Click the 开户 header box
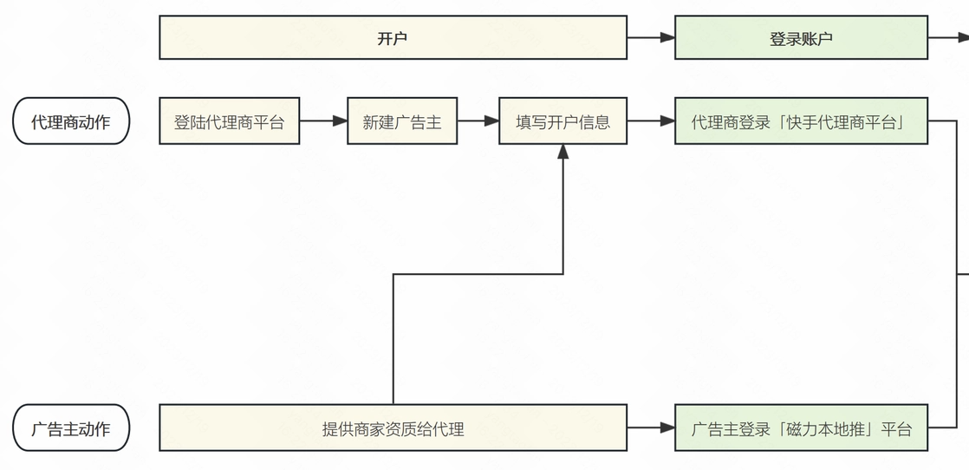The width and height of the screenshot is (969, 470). (393, 38)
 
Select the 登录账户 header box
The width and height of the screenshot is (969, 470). (801, 38)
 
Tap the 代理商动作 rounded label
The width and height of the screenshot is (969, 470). (71, 121)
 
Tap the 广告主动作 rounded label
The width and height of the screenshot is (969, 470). (71, 428)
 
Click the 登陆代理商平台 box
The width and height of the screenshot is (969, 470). (229, 121)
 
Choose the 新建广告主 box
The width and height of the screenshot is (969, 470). (402, 121)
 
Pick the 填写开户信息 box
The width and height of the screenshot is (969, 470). (563, 121)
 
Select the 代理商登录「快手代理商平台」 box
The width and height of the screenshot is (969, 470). (801, 121)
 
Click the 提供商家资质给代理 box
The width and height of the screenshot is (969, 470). (393, 428)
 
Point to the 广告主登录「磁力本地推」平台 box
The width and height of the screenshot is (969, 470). (801, 428)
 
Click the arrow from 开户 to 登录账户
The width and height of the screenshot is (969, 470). (651, 37)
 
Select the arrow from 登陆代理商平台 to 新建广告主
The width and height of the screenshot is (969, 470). (323, 121)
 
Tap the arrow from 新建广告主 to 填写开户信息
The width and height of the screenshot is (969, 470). (478, 121)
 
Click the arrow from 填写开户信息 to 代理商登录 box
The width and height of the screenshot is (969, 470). (651, 121)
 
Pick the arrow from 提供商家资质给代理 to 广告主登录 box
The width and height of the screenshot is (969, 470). (651, 428)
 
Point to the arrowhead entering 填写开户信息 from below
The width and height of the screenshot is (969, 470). (563, 153)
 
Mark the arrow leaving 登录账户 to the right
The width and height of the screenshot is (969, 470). (948, 37)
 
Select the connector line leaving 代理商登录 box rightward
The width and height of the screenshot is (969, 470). (943, 121)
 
